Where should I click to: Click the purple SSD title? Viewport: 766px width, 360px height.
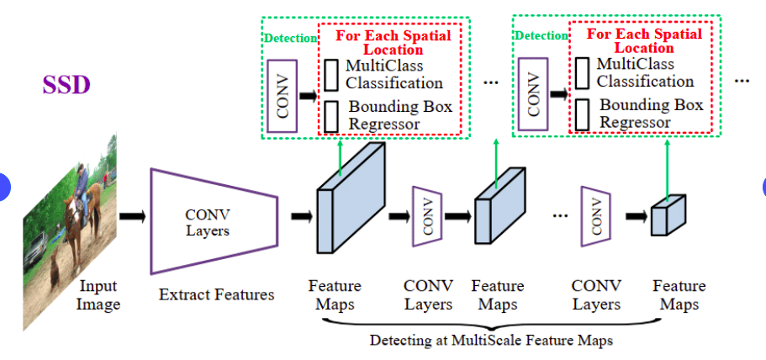(x=66, y=85)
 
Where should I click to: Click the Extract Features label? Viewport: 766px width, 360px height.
(x=216, y=295)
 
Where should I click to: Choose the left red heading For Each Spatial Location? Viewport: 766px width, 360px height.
(x=393, y=42)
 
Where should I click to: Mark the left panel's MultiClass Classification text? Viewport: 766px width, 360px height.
(x=394, y=74)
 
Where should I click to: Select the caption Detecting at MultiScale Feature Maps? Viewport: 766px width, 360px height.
(x=491, y=341)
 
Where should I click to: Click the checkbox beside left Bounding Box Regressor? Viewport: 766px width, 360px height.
(x=331, y=116)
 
